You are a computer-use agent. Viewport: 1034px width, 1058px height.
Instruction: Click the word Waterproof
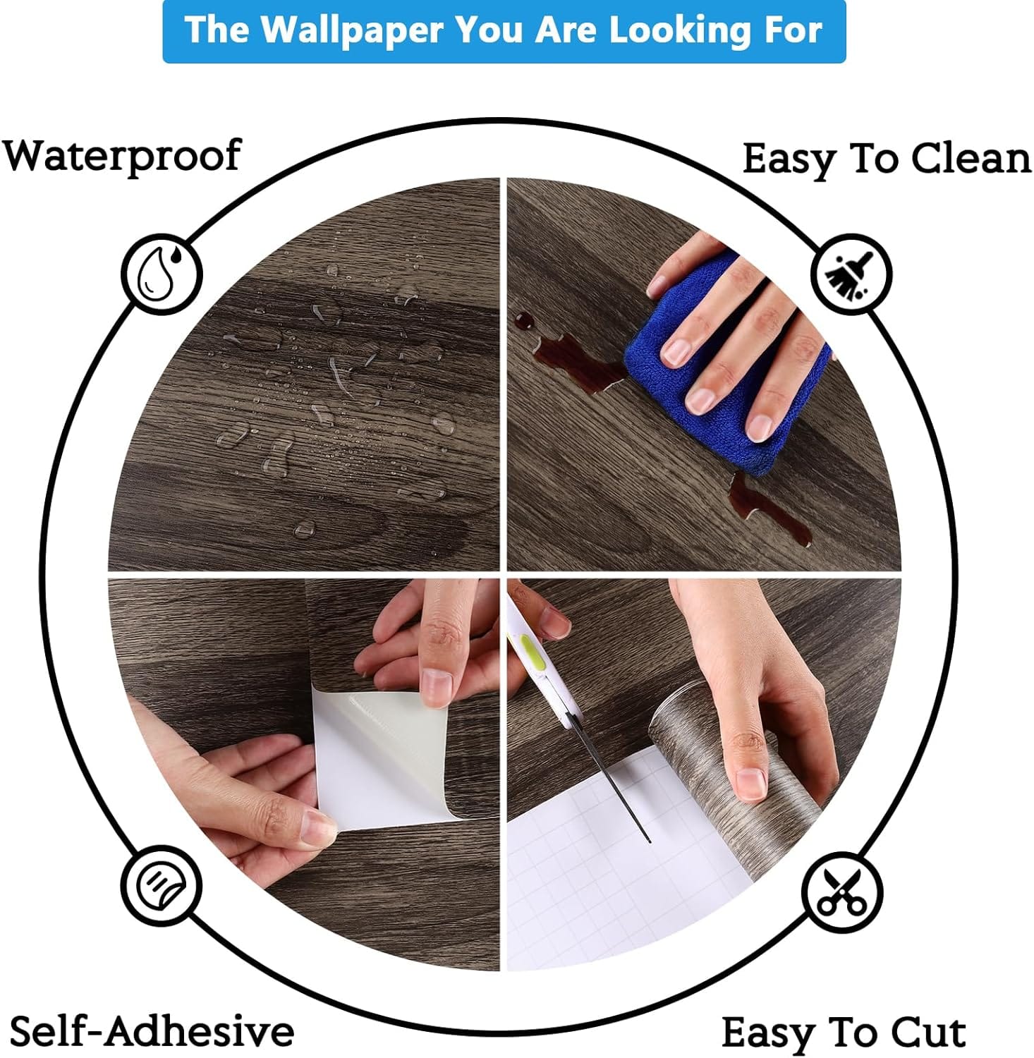pyautogui.click(x=122, y=156)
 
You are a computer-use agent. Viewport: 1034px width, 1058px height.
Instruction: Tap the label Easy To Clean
pyautogui.click(x=887, y=159)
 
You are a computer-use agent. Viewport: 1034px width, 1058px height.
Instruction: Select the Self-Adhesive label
pyautogui.click(x=152, y=1031)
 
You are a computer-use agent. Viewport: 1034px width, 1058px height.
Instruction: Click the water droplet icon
pyautogui.click(x=162, y=274)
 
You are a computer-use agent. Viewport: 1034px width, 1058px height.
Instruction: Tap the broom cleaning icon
pyautogui.click(x=851, y=274)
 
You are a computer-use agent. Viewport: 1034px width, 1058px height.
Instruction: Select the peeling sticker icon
pyautogui.click(x=161, y=885)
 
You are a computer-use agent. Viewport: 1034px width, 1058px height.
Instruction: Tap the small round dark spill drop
pyautogui.click(x=524, y=321)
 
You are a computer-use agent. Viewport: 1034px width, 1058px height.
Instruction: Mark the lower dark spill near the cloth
pyautogui.click(x=769, y=511)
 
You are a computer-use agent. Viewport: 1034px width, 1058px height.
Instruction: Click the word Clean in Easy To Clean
pyautogui.click(x=971, y=158)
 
